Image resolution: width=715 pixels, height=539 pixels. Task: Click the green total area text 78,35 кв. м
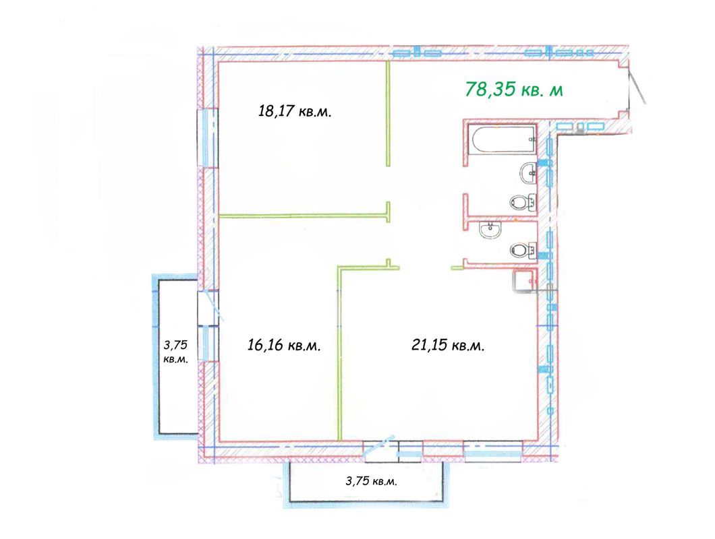point(514,90)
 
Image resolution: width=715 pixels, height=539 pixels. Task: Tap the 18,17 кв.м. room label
point(295,111)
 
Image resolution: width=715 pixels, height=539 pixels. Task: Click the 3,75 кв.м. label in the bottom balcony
point(370,481)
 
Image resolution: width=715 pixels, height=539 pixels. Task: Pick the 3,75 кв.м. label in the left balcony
point(175,351)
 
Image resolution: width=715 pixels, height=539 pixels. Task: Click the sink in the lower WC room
point(490,231)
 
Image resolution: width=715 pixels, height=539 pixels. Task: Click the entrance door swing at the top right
point(637,88)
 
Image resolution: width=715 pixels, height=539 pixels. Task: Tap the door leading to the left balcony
point(209,307)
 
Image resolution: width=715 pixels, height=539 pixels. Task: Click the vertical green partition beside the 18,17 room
point(389,113)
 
